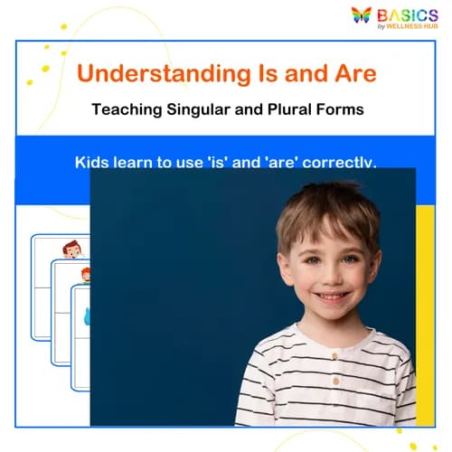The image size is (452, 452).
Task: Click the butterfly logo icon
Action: point(362,15)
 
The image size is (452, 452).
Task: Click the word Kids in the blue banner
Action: point(92,163)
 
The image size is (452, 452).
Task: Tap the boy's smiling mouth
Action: point(332,296)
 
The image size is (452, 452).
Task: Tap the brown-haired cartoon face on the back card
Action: point(72,250)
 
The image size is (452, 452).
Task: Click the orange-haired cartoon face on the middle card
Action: point(85,274)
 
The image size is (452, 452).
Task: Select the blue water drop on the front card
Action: point(87,315)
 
